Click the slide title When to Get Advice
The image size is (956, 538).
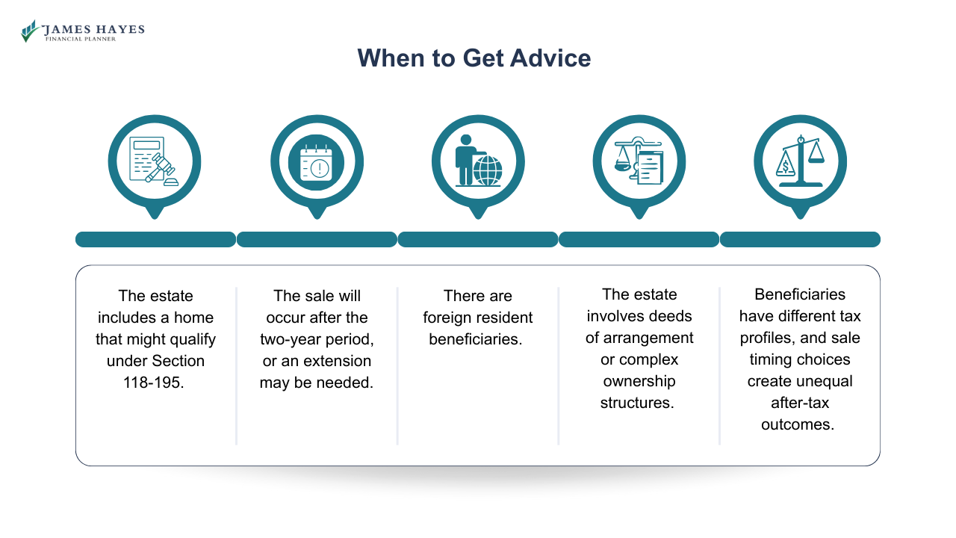click(474, 58)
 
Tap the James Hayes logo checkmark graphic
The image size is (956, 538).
click(30, 31)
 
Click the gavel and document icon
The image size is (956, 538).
click(154, 161)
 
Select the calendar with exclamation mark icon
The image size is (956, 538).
click(317, 161)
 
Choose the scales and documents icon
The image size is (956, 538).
click(639, 161)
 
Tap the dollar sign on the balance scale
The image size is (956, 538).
click(786, 166)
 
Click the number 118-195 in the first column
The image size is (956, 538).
click(155, 383)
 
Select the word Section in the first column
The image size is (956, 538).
click(177, 361)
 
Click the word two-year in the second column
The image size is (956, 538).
click(289, 339)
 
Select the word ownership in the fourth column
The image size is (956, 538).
click(639, 381)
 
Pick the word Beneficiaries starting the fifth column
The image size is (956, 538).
click(800, 294)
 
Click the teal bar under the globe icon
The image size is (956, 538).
click(478, 239)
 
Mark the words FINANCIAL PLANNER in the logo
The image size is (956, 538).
click(81, 39)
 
